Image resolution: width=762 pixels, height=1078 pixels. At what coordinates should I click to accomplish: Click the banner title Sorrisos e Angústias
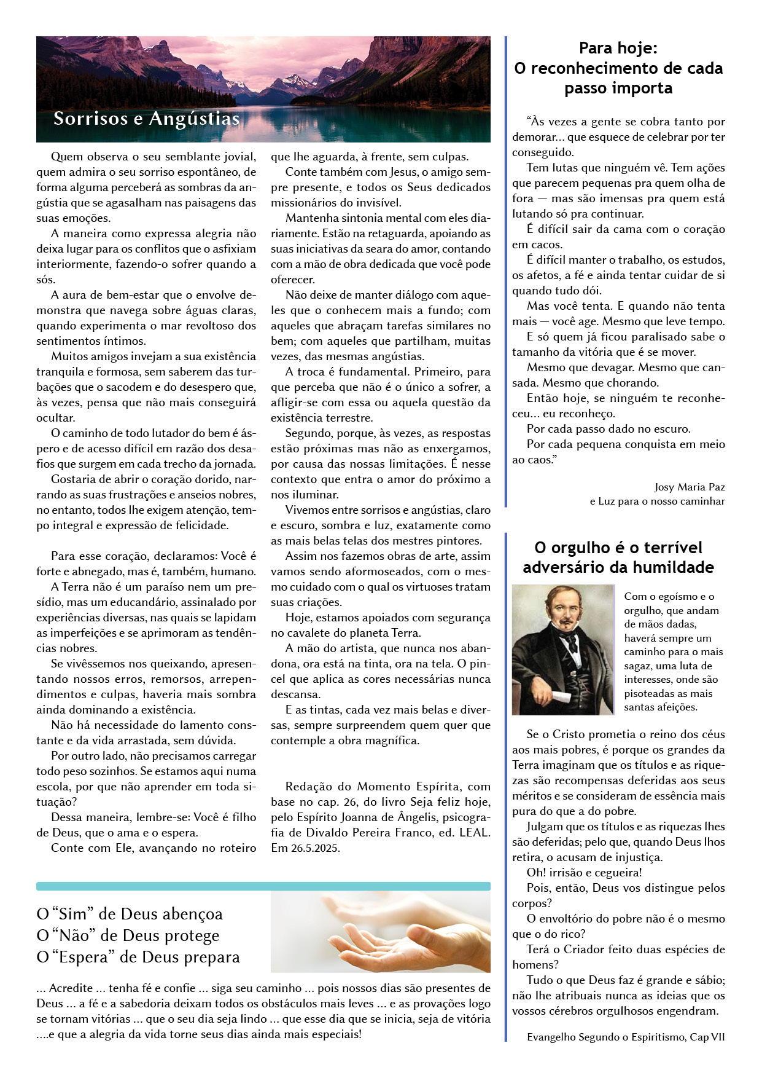coord(146,119)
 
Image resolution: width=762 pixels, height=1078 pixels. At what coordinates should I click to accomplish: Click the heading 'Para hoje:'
coord(618,48)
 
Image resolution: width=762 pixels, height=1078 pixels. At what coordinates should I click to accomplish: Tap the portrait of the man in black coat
coord(562,649)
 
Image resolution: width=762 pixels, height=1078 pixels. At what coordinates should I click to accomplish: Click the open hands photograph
coord(380,932)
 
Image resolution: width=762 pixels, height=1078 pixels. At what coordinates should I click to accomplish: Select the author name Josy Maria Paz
coord(690,487)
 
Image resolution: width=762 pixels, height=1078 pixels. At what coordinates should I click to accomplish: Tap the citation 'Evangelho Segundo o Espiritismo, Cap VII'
coord(625,1037)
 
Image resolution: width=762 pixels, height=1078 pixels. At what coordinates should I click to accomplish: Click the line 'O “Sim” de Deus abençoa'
coord(130,914)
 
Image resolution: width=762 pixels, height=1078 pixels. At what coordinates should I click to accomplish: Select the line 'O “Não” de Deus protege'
coord(128,935)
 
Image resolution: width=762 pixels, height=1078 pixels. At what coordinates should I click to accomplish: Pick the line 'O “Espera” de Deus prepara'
coord(138,957)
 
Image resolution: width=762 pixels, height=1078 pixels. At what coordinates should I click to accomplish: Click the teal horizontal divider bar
coord(263,886)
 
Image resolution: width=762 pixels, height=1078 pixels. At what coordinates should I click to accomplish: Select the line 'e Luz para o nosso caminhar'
coord(657,501)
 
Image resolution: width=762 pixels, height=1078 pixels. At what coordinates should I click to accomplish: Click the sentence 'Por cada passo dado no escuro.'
coord(608,428)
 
